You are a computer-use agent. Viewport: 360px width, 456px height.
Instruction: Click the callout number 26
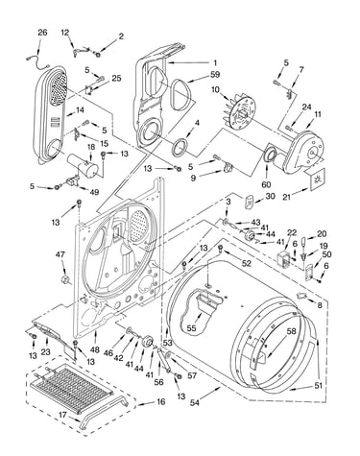coord(42,33)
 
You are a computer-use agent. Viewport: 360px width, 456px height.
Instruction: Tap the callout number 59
coord(215,75)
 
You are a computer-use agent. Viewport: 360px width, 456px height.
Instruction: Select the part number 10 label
coord(215,90)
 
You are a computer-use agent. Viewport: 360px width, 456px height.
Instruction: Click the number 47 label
coord(60,254)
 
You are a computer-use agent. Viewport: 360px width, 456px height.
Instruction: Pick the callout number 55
coord(191,328)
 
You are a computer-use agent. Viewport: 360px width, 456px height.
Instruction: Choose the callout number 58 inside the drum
coord(291,332)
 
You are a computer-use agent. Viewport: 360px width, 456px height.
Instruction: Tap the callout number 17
coord(62,415)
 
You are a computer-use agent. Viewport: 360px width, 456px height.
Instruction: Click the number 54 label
coord(194,402)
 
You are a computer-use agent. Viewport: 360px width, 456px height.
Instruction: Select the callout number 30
coord(270,196)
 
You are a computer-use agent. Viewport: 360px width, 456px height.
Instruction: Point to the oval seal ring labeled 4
coord(180,146)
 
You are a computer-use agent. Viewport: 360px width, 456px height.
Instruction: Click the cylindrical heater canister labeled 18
coord(84,165)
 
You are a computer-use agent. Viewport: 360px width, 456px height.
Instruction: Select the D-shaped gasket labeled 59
coord(181,94)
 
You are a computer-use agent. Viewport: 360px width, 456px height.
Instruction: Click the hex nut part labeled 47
coord(65,280)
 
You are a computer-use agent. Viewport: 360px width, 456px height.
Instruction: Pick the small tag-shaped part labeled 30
coord(249,203)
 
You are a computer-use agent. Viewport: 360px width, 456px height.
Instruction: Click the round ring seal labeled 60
coord(268,155)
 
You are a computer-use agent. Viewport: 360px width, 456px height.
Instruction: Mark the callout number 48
coord(95,349)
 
